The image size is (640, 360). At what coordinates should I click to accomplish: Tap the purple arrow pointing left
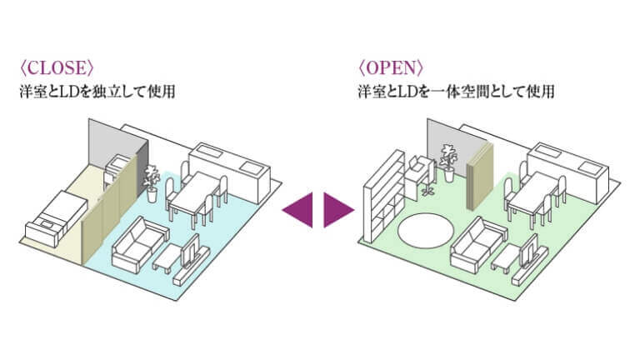coord(298,207)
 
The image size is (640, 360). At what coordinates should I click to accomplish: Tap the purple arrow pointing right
coord(338,207)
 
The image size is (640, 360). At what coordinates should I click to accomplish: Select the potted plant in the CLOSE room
coord(152,181)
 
